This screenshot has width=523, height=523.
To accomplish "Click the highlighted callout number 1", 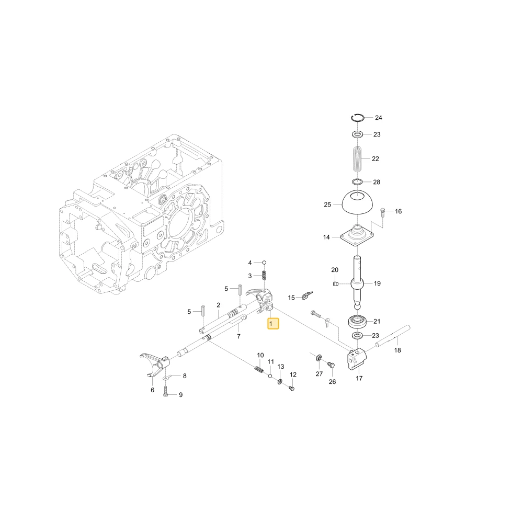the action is [x=273, y=324].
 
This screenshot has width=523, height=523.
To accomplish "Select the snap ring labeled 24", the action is [x=357, y=117].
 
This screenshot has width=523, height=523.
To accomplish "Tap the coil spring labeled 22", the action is [x=357, y=159].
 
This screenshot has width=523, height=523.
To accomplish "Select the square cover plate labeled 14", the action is [x=357, y=235].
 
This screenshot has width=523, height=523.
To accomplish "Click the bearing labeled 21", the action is [x=357, y=322].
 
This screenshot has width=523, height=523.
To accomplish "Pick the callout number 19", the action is [x=377, y=283].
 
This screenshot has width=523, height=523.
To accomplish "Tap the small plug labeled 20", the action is [x=336, y=284].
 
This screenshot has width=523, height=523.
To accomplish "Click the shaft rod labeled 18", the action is [x=393, y=336].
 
